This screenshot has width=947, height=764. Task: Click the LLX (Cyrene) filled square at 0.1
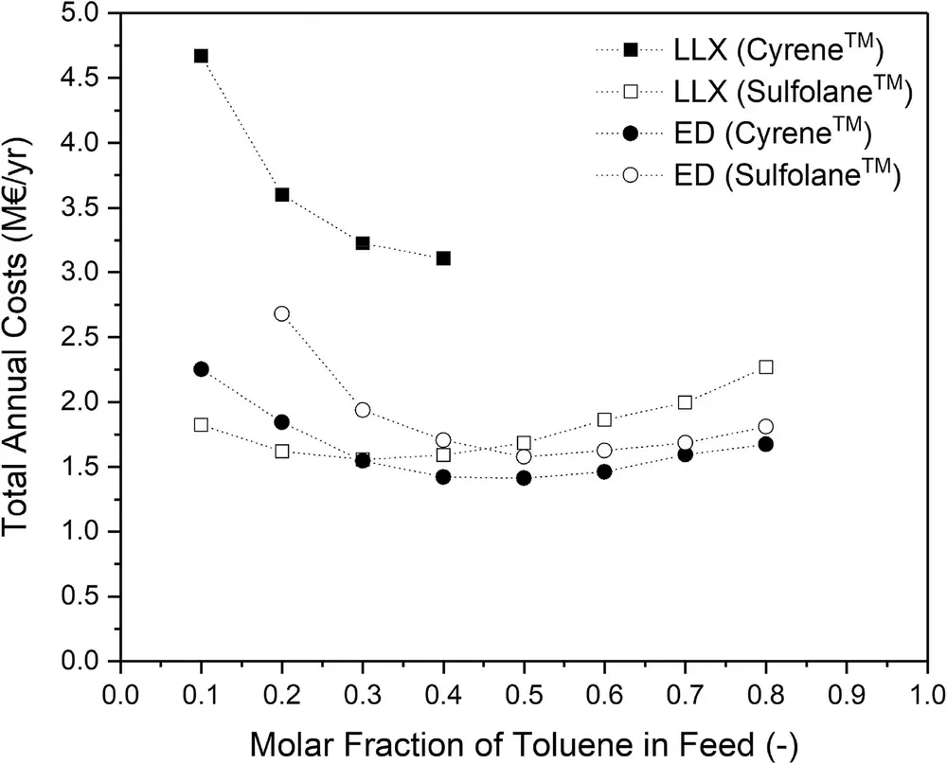click(x=201, y=56)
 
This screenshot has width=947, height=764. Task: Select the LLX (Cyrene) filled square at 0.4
click(x=443, y=258)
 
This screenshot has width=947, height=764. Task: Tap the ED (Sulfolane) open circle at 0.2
click(x=281, y=313)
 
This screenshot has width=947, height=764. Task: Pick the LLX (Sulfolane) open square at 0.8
click(x=766, y=366)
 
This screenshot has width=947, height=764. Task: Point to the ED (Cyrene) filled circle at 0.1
click(x=201, y=369)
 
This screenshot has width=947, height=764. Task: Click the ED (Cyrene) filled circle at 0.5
click(x=524, y=478)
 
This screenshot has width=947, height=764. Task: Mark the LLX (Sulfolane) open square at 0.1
click(x=201, y=424)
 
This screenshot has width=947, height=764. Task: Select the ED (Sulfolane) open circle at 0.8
click(x=766, y=426)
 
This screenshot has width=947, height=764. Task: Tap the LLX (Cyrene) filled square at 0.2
click(x=281, y=195)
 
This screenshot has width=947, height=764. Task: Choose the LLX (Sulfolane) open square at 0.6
click(x=604, y=419)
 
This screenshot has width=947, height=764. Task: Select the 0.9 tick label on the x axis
click(x=847, y=691)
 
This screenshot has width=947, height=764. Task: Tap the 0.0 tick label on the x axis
click(x=120, y=691)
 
